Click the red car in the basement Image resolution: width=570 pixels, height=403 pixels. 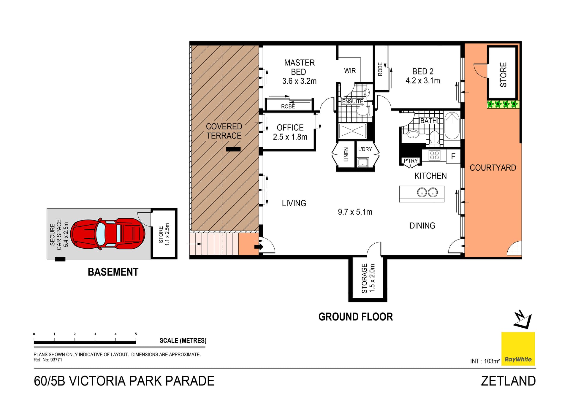click(108, 234)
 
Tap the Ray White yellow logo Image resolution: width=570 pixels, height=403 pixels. click(518, 348)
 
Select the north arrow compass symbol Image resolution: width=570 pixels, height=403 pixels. click(523, 320)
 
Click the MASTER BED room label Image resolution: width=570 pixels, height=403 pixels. click(299, 67)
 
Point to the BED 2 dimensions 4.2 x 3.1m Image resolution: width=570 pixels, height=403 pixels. click(422, 81)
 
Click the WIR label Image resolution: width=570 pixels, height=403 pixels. click(350, 71)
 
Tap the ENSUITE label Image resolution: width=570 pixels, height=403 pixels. click(352, 101)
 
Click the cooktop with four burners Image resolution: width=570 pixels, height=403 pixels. click(434, 156)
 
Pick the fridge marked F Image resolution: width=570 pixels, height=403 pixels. click(453, 156)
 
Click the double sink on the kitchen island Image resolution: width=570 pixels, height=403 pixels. click(427, 192)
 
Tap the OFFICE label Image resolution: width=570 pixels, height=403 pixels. click(290, 128)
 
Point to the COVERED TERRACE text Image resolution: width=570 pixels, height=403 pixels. click(224, 131)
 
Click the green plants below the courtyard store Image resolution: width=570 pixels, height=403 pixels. click(503, 104)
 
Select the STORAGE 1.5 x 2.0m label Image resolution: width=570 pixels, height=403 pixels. click(368, 278)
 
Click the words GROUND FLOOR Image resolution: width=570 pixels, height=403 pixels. click(355, 317)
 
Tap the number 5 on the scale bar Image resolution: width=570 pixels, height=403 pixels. click(136, 334)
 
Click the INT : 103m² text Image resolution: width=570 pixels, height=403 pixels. click(485, 361)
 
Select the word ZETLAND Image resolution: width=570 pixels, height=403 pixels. click(508, 381)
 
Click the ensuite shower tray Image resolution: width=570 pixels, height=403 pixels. click(352, 131)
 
